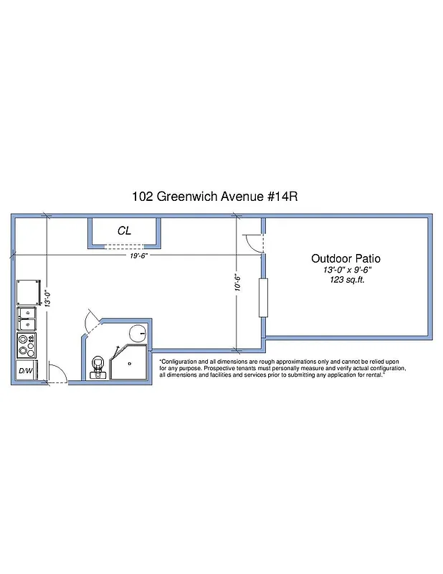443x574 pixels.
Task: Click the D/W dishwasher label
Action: tap(25, 370)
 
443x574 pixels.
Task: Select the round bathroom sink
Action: tap(138, 334)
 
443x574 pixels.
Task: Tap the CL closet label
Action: tap(124, 231)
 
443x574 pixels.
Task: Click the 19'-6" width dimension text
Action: tap(138, 255)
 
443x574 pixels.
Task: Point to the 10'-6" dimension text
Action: tap(237, 283)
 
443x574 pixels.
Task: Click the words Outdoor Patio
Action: tap(346, 258)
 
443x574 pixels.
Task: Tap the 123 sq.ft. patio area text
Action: tap(346, 280)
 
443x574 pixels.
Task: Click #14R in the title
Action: tap(279, 195)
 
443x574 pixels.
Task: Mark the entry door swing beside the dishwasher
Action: tap(57, 373)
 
